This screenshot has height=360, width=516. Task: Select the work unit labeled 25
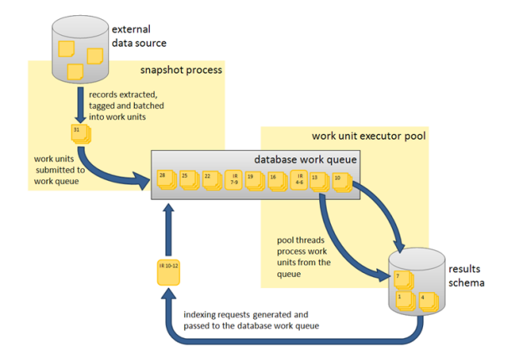click(x=186, y=180)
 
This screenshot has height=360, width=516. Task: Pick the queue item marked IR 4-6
click(x=299, y=180)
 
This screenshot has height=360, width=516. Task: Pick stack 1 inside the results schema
click(x=403, y=299)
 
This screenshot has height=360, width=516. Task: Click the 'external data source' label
click(x=139, y=37)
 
